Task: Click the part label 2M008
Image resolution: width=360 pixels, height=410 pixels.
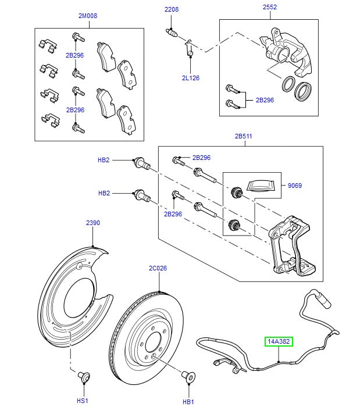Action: [x=88, y=16]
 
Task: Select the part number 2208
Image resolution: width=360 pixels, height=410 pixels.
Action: [x=171, y=10]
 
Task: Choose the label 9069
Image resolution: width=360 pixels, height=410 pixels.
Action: [x=294, y=186]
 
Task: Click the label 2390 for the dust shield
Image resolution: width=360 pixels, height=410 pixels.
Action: [x=94, y=223]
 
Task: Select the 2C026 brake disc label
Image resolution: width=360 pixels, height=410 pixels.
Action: [x=158, y=268]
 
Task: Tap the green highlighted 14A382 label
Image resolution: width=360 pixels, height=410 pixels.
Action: [x=279, y=343]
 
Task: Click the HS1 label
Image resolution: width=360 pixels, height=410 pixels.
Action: [x=82, y=401]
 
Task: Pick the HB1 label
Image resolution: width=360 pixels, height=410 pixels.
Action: [x=188, y=401]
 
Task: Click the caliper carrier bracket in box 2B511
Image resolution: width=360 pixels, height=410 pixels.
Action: [x=291, y=244]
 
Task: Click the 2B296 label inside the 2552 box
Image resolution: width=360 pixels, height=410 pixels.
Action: [x=265, y=99]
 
